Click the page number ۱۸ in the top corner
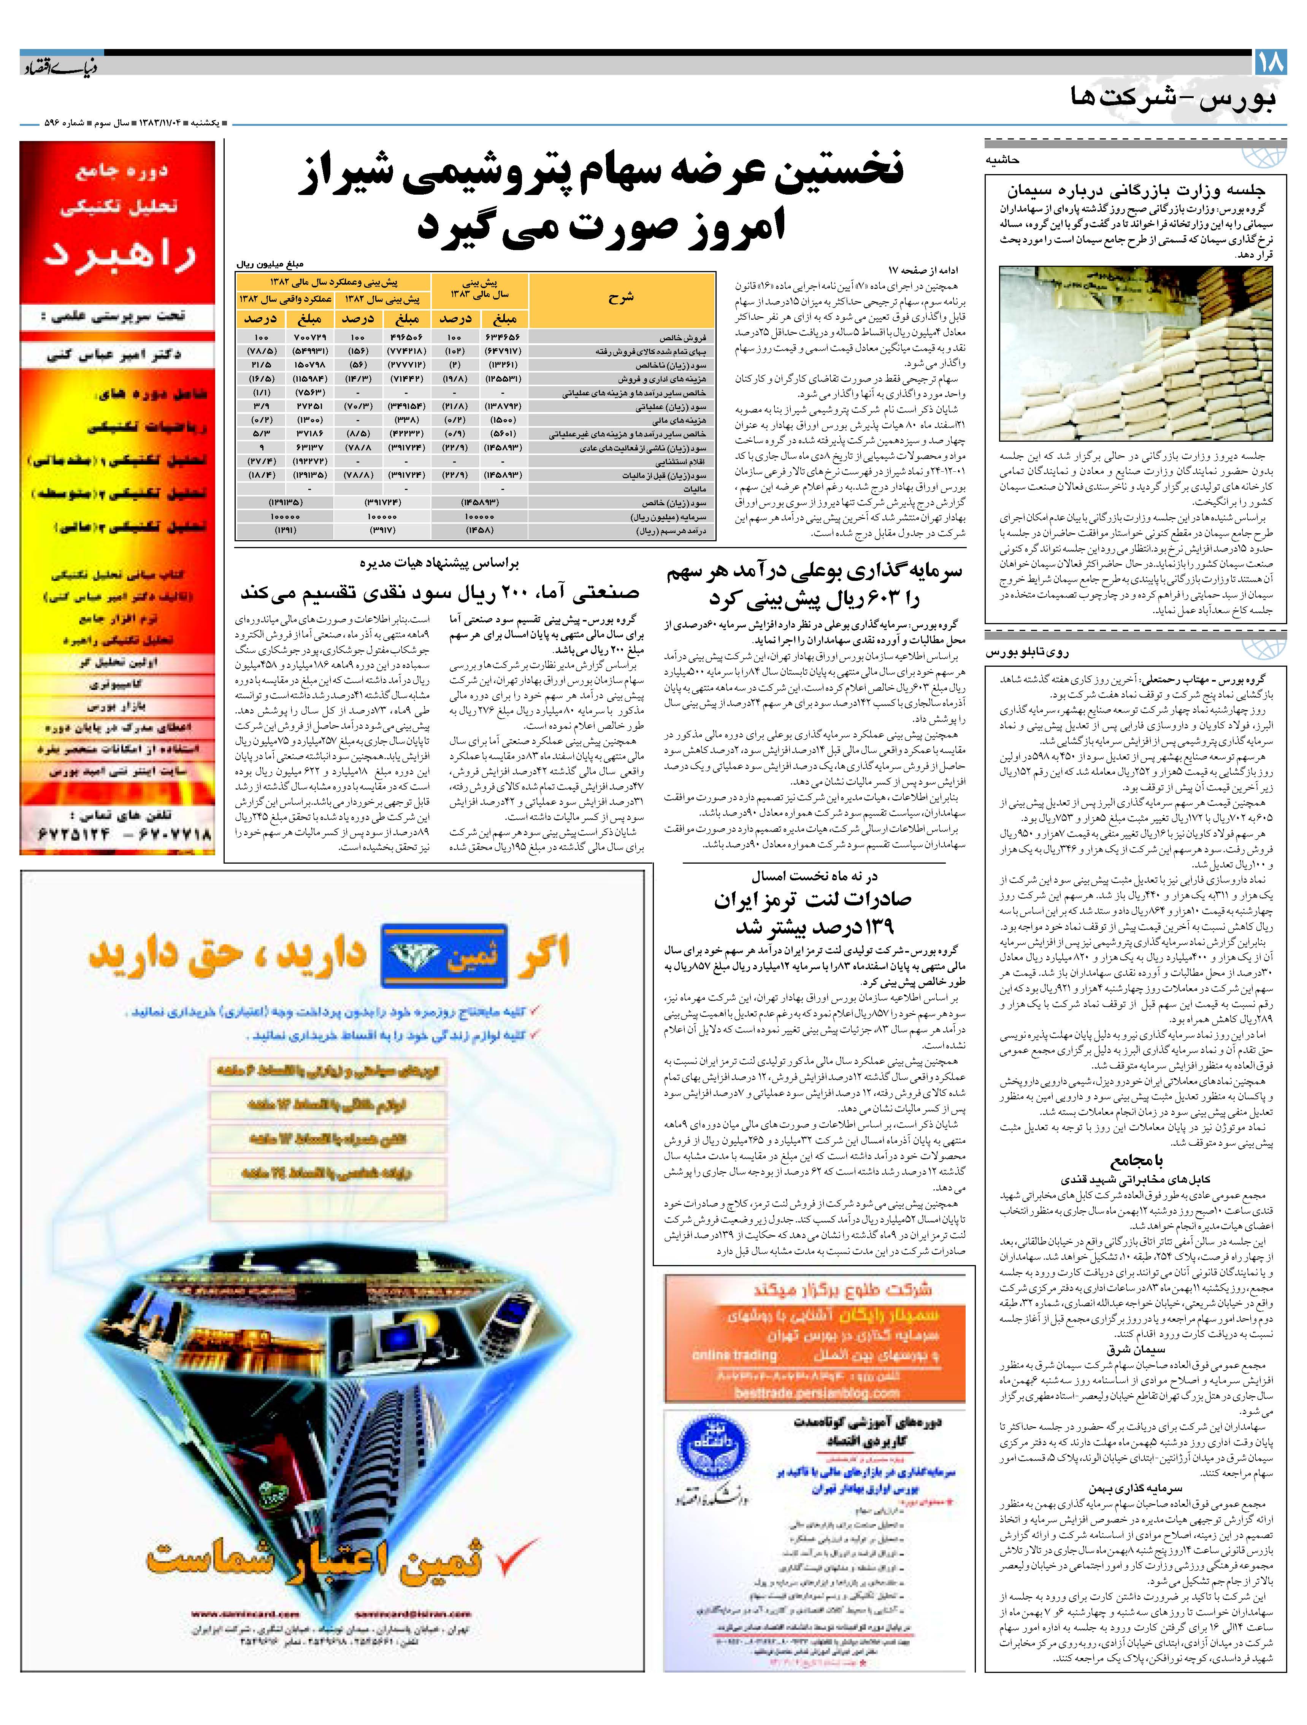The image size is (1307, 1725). click(x=1270, y=62)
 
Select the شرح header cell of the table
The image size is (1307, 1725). click(x=622, y=297)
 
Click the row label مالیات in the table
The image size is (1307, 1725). click(x=694, y=489)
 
